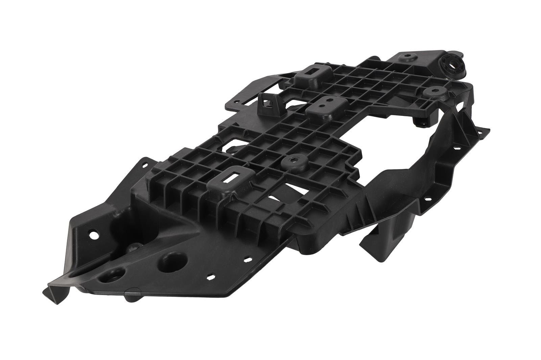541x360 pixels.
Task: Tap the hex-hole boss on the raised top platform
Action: [405, 58]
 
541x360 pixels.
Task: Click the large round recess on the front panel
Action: [174, 261]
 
